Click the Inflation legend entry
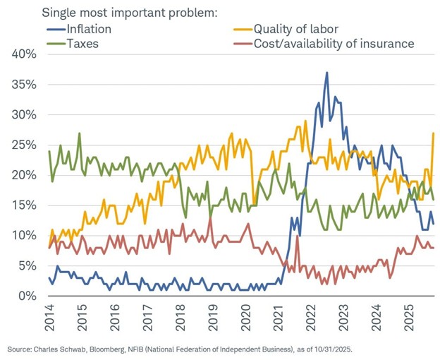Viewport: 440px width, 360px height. tap(91, 29)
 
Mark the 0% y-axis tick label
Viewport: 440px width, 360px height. tap(30, 295)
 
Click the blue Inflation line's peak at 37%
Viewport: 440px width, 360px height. tap(326, 73)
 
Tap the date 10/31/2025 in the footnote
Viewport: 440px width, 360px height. tap(332, 349)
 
